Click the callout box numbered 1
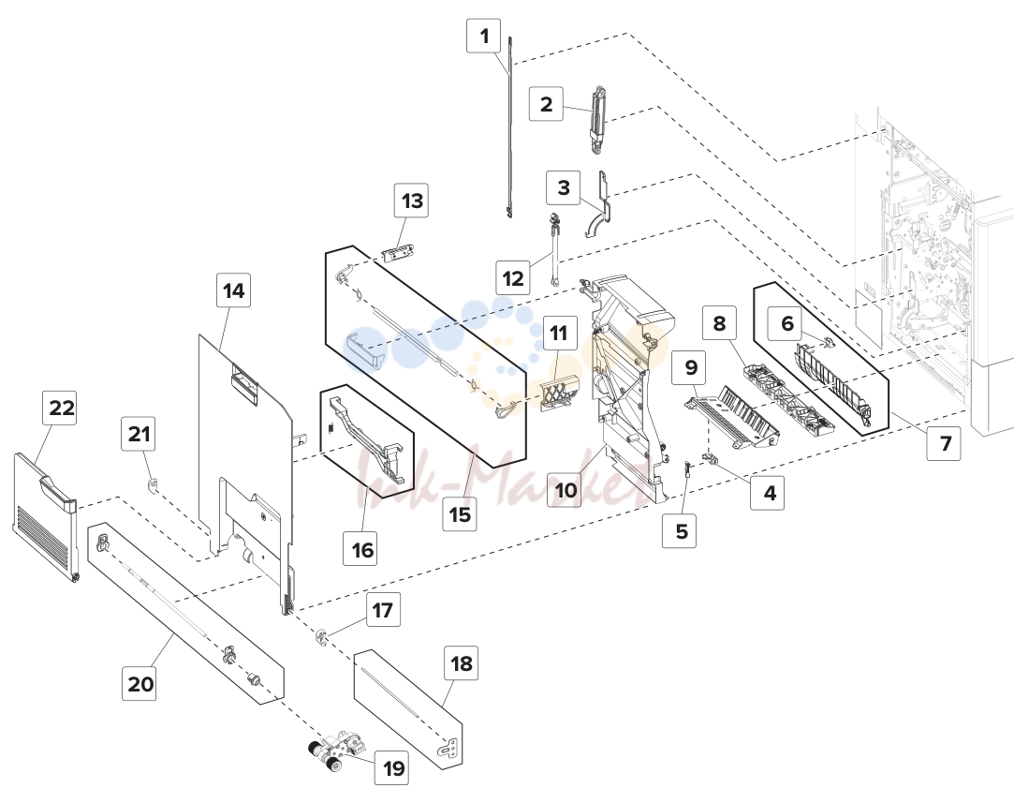pyautogui.click(x=484, y=36)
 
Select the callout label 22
pyautogui.click(x=62, y=408)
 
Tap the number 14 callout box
pyautogui.click(x=233, y=290)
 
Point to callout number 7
pyautogui.click(x=946, y=443)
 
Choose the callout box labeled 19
pyautogui.click(x=394, y=768)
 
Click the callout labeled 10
pyautogui.click(x=566, y=490)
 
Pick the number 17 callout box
pyautogui.click(x=382, y=610)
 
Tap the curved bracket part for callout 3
pyautogui.click(x=602, y=206)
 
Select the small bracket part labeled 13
pyautogui.click(x=398, y=252)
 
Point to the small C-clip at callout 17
pyautogui.click(x=322, y=637)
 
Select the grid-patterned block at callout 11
pyautogui.click(x=558, y=394)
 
